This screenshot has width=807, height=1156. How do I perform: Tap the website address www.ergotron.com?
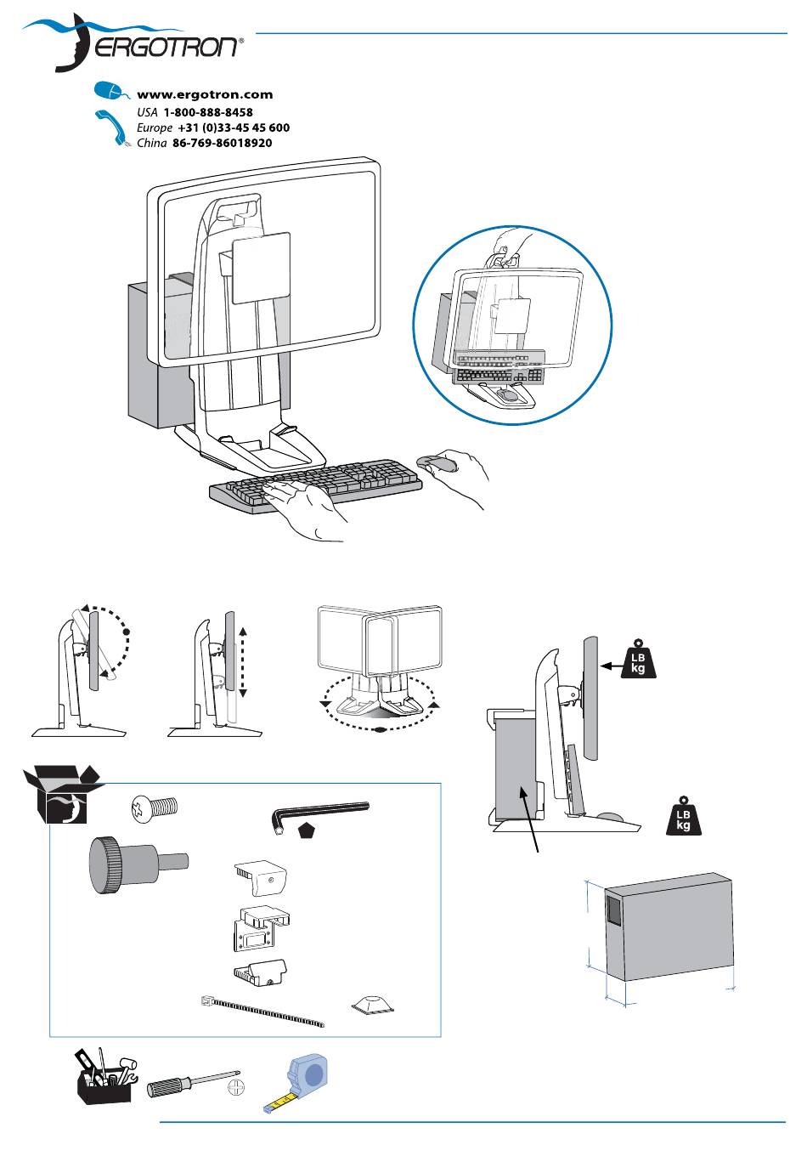tap(205, 94)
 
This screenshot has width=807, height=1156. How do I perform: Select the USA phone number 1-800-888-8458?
tap(208, 112)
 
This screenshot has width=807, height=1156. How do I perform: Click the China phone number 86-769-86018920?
tap(223, 143)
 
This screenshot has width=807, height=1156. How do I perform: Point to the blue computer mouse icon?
tap(110, 90)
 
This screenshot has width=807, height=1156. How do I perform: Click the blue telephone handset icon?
tap(112, 127)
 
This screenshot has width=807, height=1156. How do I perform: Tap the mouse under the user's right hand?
tap(437, 462)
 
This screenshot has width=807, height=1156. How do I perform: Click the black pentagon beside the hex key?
tap(308, 830)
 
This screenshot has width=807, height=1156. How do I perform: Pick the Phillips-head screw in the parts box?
tap(154, 807)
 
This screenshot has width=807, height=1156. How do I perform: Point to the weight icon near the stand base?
tap(684, 815)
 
